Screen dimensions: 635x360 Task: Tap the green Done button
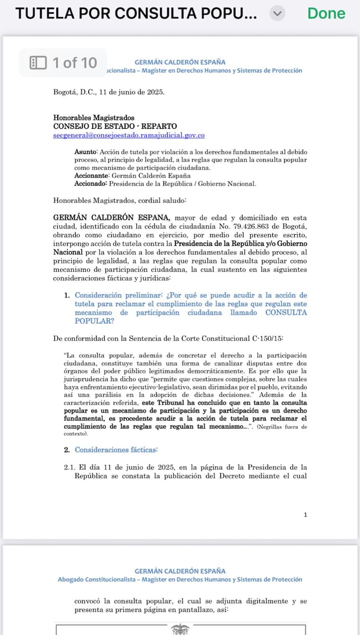tap(326, 13)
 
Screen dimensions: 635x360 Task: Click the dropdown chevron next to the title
tap(278, 14)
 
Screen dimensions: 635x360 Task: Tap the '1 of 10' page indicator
tap(63, 63)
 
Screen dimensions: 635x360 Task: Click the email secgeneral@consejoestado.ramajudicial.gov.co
tap(129, 135)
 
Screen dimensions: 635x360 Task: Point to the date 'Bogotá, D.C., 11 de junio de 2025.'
tap(109, 92)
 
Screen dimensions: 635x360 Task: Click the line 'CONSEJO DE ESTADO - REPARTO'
tap(115, 126)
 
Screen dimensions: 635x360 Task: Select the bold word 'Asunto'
tap(85, 152)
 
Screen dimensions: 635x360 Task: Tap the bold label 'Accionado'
tap(90, 184)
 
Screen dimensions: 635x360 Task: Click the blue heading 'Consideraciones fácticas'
tap(116, 450)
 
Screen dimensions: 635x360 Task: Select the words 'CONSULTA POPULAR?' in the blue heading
tap(189, 317)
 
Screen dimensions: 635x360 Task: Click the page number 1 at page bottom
tap(306, 515)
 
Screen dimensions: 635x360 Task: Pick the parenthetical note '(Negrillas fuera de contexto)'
tap(185, 430)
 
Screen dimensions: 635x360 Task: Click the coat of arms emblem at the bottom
tap(180, 629)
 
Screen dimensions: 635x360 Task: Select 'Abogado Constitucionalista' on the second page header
tap(94, 580)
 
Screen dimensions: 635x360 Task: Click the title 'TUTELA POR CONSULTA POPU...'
tap(136, 14)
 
